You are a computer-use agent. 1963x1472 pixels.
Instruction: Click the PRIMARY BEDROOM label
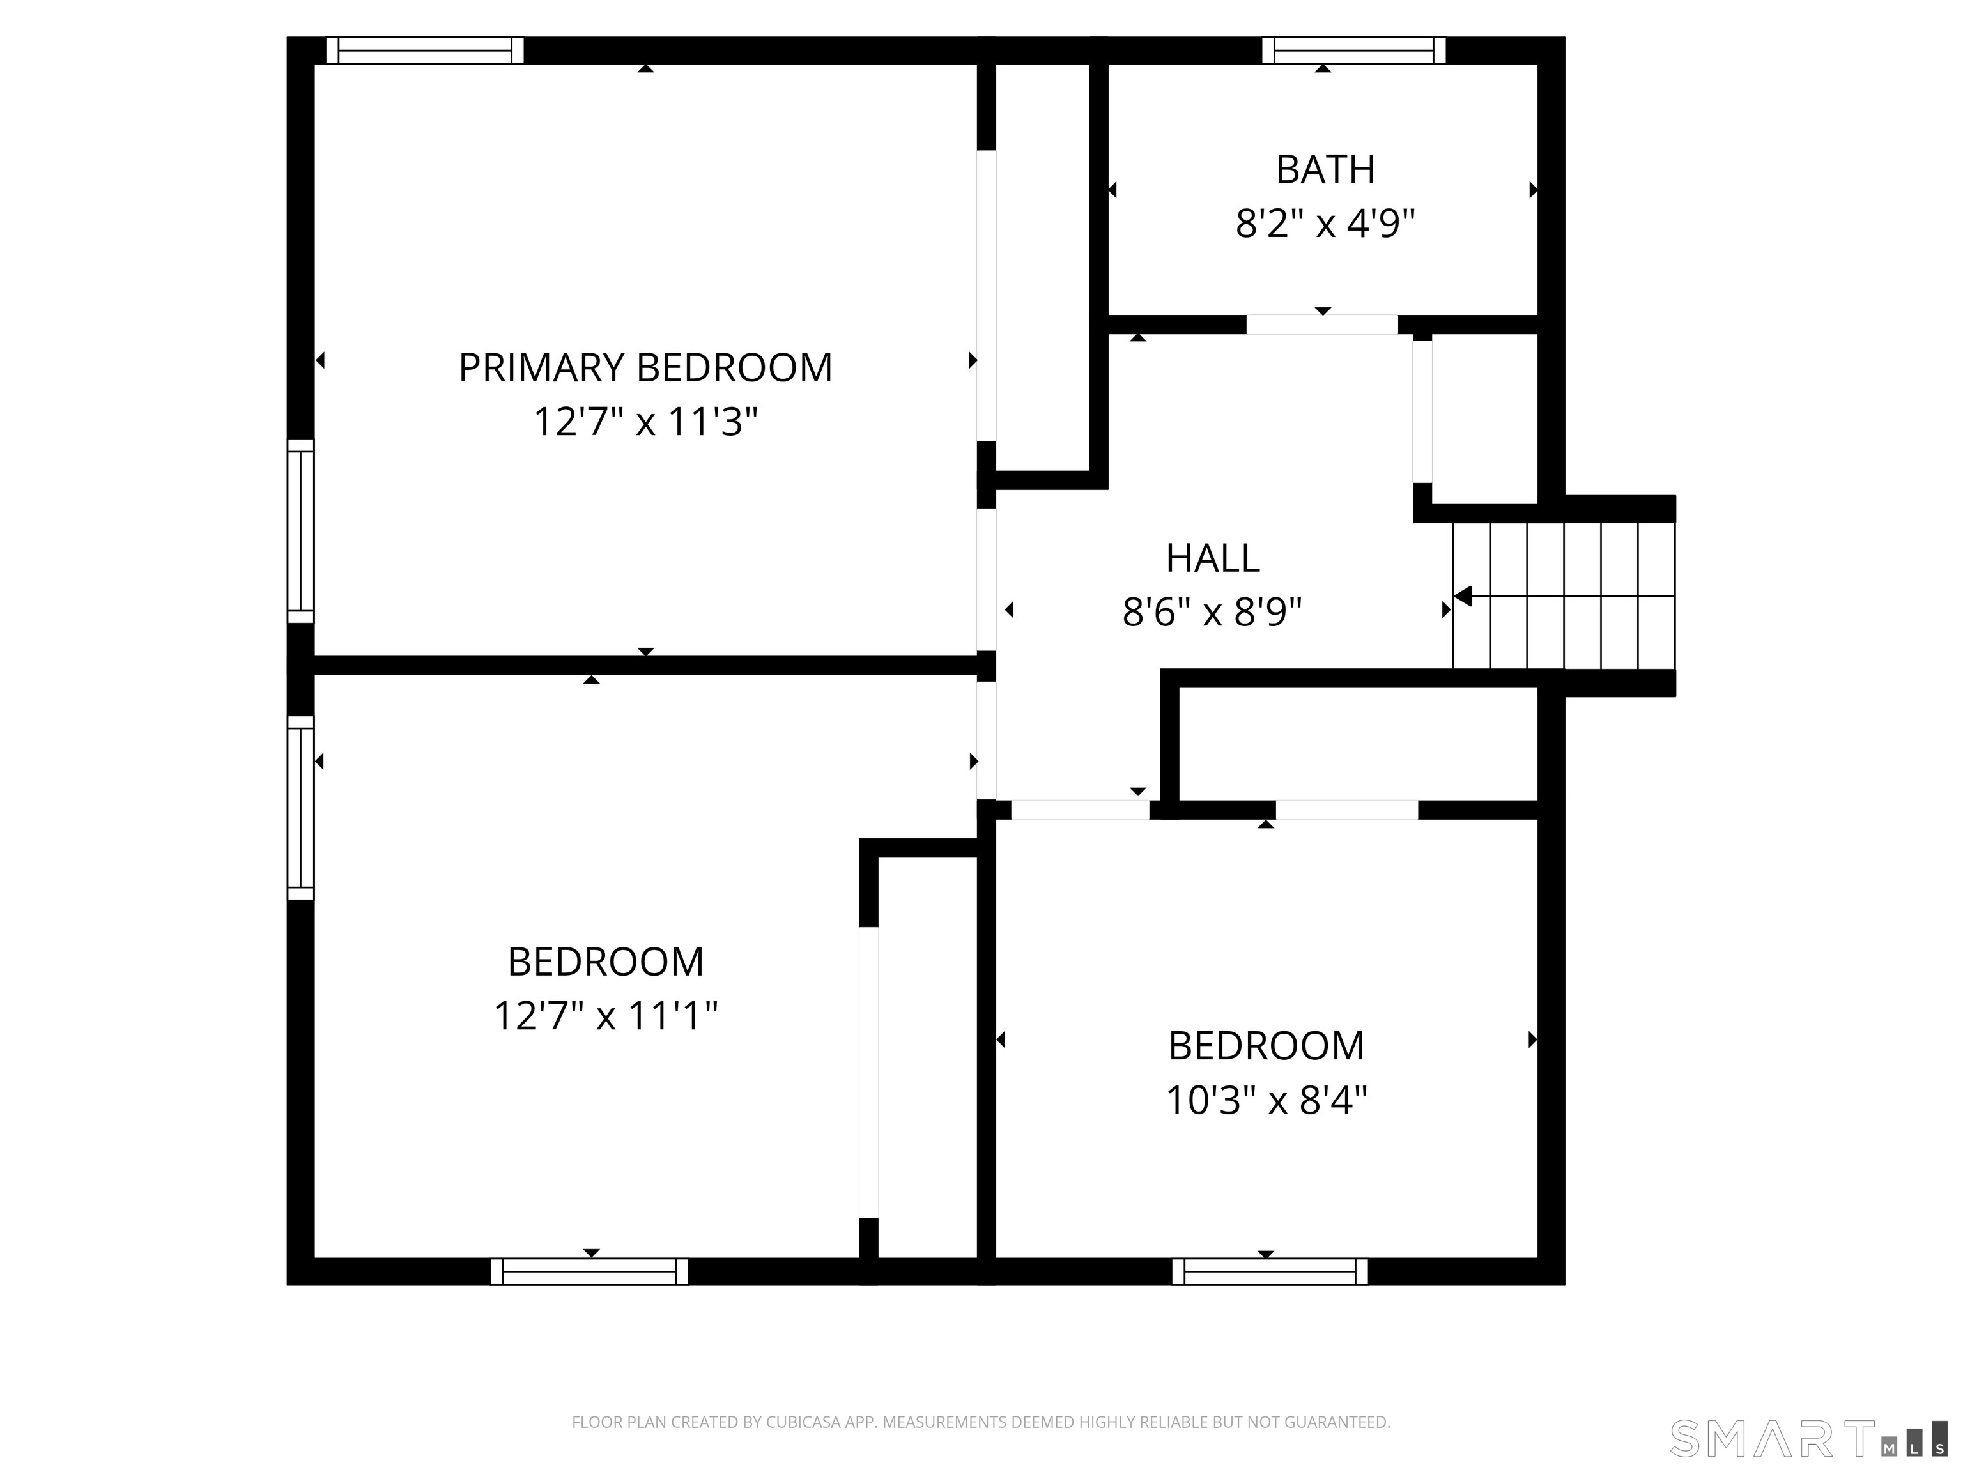645,367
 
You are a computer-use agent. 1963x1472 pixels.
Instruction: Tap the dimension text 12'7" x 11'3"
645,422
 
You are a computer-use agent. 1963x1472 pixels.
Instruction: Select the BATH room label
1325,169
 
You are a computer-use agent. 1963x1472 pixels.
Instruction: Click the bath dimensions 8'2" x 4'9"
1325,224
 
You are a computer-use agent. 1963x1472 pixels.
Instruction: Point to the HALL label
1212,558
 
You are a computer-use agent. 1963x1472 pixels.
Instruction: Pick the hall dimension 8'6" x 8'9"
1212,612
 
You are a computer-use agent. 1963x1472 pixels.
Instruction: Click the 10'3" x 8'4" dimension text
1266,1101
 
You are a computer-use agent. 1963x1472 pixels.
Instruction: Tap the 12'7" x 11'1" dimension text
605,1015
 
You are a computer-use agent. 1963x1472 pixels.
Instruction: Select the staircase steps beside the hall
1564,595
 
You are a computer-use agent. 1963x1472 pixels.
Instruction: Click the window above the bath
1353,50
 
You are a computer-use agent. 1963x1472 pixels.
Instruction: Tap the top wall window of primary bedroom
424,50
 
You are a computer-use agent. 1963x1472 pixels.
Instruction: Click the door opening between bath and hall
1321,325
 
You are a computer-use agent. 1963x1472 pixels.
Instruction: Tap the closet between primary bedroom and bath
1043,266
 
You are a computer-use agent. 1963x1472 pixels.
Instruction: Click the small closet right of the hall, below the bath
1484,419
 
